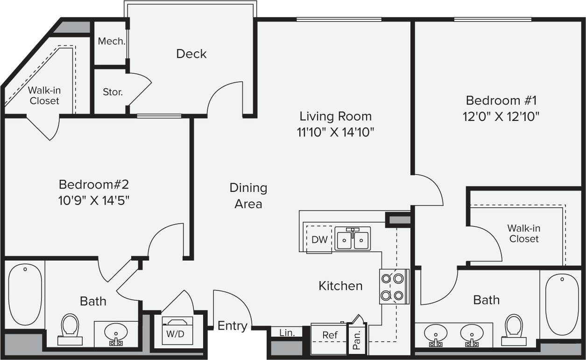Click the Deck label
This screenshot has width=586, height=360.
pyautogui.click(x=191, y=54)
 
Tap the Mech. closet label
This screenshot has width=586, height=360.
pyautogui.click(x=111, y=42)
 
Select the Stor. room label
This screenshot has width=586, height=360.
pyautogui.click(x=113, y=92)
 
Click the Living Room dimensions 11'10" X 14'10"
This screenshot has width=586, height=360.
pyautogui.click(x=335, y=133)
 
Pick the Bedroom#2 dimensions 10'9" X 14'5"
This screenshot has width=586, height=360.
pyautogui.click(x=94, y=200)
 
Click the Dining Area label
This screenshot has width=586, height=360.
pyautogui.click(x=248, y=196)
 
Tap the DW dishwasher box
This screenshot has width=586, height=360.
pyautogui.click(x=319, y=240)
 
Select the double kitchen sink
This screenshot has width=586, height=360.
pyautogui.click(x=353, y=239)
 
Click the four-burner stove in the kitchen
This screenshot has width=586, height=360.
pyautogui.click(x=392, y=287)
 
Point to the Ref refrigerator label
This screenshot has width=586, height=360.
pyautogui.click(x=330, y=335)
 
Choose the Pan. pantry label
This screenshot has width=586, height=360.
pyautogui.click(x=357, y=340)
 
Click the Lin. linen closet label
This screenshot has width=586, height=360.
pyautogui.click(x=287, y=333)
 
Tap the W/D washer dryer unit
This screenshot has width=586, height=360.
pyautogui.click(x=177, y=331)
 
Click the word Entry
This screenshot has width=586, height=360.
pyautogui.click(x=233, y=326)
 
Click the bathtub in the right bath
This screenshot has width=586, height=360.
pyautogui.click(x=562, y=304)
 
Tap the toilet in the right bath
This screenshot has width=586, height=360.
pyautogui.click(x=514, y=328)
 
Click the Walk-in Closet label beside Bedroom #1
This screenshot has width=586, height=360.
pyautogui.click(x=523, y=233)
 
